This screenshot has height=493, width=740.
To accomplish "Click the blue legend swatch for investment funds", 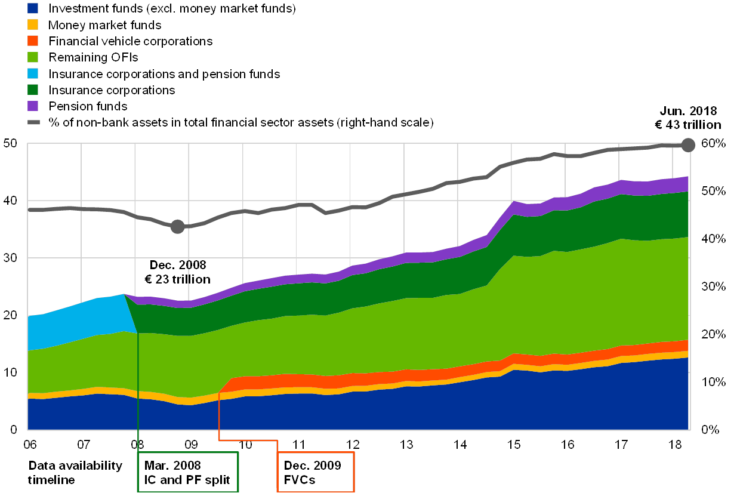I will [x=33, y=8].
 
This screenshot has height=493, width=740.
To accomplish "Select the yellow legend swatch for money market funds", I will [x=33, y=25].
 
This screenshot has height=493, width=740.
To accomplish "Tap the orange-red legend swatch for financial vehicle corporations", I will [x=33, y=41].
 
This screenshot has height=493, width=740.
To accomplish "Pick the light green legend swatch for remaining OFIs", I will [x=33, y=57].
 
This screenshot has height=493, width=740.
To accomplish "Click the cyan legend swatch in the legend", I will [x=33, y=73].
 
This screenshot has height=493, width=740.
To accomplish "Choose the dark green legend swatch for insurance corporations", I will [x=33, y=90].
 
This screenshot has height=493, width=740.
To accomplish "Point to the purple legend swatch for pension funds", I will [x=33, y=106].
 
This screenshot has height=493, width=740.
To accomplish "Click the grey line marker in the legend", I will [x=33, y=122].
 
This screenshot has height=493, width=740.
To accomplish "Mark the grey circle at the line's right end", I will [x=688, y=144].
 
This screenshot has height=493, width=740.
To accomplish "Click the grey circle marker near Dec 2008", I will [x=177, y=227].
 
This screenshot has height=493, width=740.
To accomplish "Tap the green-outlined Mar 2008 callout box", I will [x=188, y=472].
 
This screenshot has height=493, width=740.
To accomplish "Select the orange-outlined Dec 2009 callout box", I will [x=316, y=472].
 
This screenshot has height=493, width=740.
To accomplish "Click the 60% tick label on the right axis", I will [x=714, y=144].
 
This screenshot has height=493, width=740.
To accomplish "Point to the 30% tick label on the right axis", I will [x=714, y=286].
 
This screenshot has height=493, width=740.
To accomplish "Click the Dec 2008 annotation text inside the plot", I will [x=177, y=271].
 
